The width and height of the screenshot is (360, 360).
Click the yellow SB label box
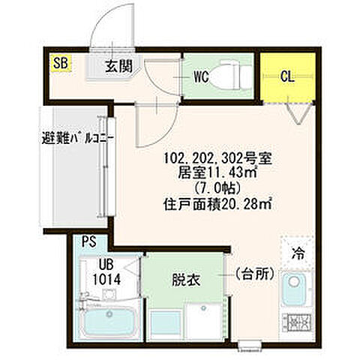pos(60,63)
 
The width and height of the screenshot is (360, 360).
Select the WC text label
pos(200,76)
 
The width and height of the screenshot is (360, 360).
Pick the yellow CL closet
pos(287,76)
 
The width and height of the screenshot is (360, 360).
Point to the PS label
pos(89,242)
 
